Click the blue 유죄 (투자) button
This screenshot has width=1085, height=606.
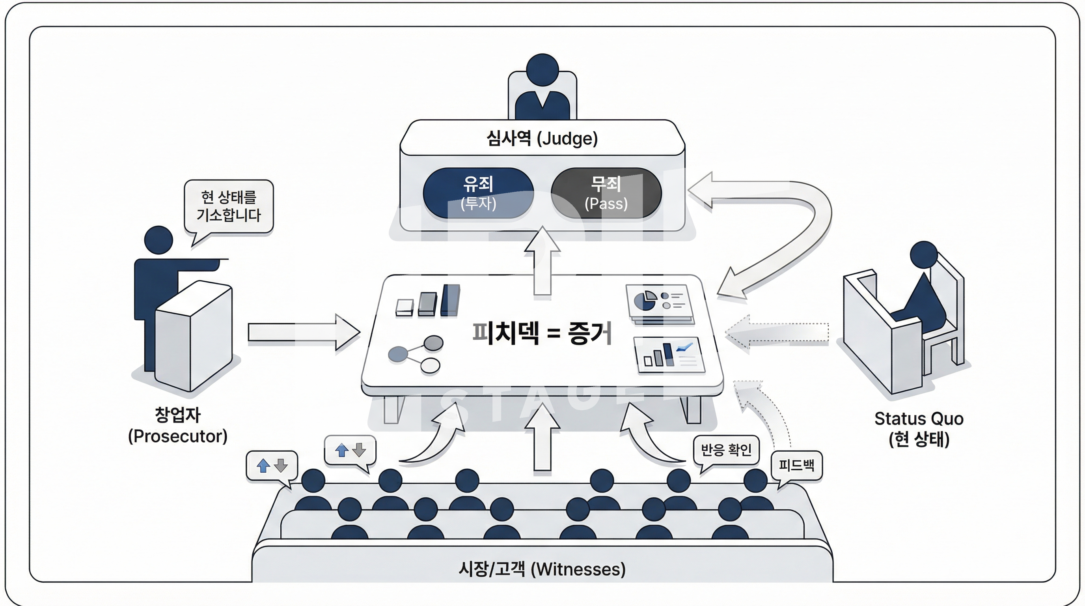coord(478,193)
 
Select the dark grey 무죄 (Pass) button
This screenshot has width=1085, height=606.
coord(606,193)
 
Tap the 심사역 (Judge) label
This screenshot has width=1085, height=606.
coord(542,138)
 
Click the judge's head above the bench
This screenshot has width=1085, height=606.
coord(542,69)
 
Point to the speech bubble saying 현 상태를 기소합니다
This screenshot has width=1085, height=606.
coord(229,206)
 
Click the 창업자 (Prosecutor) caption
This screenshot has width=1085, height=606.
coord(178,425)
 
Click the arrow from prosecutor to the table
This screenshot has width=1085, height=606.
coord(303,332)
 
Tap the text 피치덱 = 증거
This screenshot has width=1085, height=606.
coord(542,333)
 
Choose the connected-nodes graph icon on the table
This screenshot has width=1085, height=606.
coord(415,354)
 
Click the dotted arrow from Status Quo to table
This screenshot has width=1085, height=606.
coord(777,332)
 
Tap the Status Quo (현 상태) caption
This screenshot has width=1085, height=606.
coord(919,428)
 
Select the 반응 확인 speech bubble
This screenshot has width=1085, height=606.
coord(726,450)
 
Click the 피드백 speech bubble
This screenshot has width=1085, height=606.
coord(796,466)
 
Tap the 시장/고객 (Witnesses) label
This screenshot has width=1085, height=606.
coord(542,569)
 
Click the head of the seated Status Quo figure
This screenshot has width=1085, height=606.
coord(924,254)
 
